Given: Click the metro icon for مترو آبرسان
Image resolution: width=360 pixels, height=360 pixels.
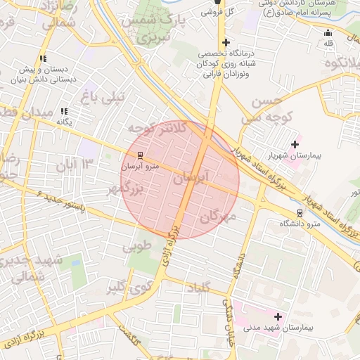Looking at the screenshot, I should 140,155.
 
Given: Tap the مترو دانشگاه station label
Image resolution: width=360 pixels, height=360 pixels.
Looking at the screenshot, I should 300,224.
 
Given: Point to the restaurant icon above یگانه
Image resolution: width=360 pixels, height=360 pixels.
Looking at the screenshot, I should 64,111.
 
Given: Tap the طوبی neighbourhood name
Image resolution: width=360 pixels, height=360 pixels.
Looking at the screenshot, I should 137,247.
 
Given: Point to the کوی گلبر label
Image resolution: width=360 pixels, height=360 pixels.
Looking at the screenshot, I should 129,286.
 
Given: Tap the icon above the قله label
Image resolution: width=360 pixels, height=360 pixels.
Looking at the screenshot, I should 328,32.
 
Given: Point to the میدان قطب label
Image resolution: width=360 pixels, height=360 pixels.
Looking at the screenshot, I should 18,112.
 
